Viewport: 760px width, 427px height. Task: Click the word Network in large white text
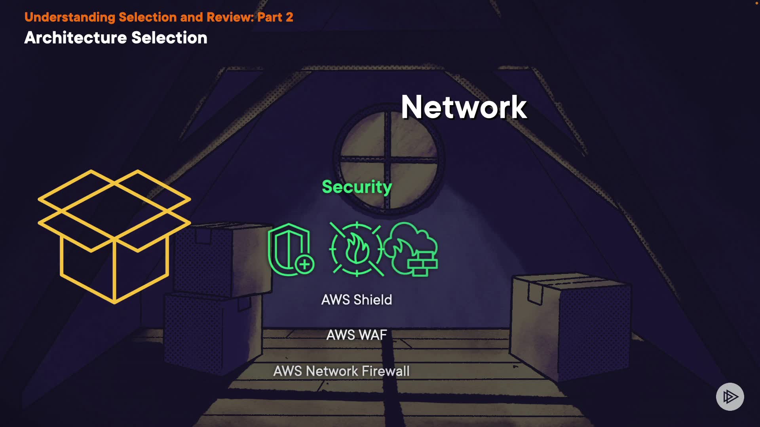pos(464,107)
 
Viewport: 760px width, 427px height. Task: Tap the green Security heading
pos(357,187)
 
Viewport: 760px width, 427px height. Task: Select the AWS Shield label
pos(357,300)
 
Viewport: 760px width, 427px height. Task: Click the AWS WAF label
pos(357,335)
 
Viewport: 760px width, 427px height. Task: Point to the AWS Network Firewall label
pos(341,371)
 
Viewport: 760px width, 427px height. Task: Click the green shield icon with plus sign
pos(290,250)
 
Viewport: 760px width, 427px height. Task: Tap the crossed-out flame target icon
pos(357,249)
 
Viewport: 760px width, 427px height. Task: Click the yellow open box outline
pos(114,236)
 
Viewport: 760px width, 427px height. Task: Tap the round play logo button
pos(730,397)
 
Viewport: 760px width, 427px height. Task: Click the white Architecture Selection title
pos(116,38)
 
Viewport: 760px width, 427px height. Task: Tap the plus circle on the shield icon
pos(304,265)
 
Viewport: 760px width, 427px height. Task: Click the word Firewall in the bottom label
pos(386,371)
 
